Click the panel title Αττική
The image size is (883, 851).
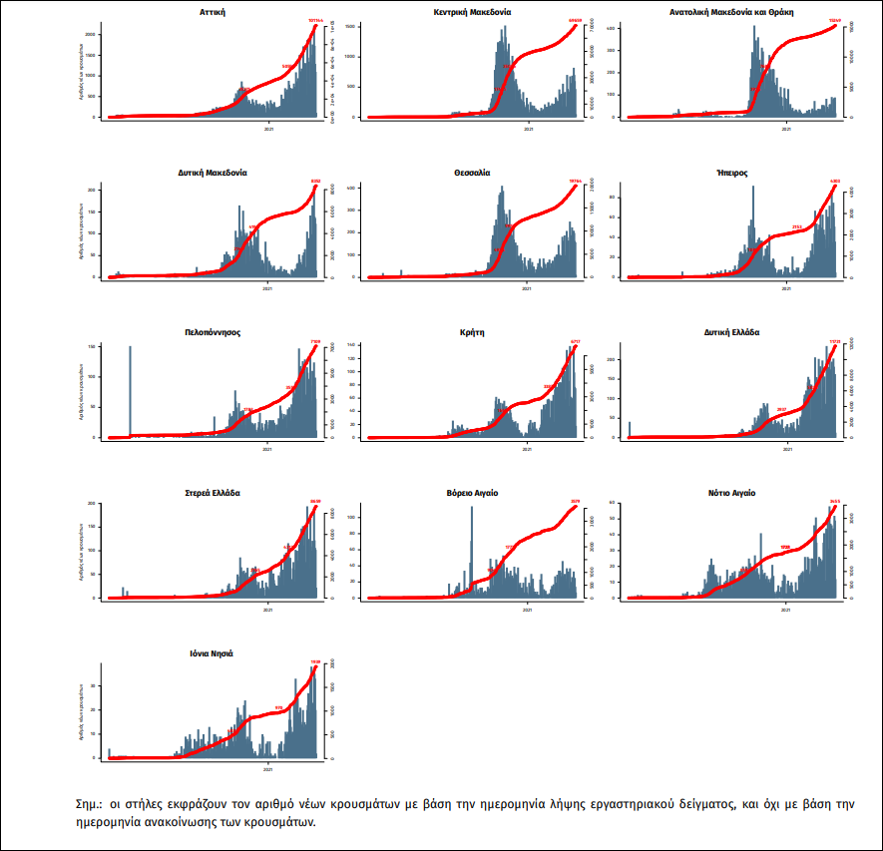pos(212,12)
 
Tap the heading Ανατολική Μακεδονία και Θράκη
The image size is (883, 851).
pos(730,12)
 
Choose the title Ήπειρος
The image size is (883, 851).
pos(730,172)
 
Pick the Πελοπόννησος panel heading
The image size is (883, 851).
pos(212,332)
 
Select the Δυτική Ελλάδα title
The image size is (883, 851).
pos(730,332)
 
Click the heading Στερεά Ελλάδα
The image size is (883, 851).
pos(212,493)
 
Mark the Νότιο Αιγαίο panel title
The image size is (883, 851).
pos(730,493)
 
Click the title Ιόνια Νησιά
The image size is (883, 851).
pos(212,653)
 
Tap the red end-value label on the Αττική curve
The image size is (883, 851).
pos(315,20)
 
